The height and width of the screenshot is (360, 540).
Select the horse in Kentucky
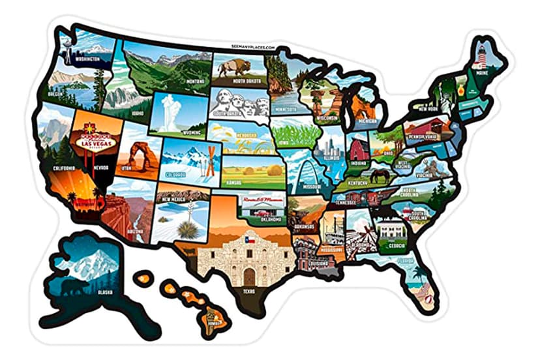tap(378, 175)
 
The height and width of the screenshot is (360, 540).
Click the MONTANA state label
tap(193, 82)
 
